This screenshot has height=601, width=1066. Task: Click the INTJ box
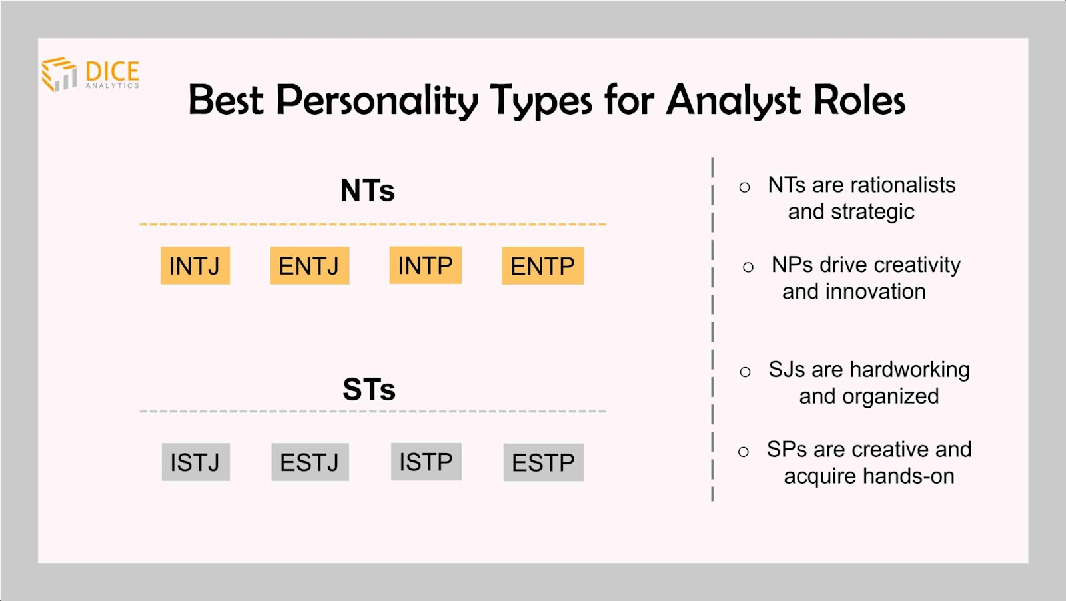pyautogui.click(x=195, y=266)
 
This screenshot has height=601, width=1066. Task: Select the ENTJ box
pyautogui.click(x=310, y=266)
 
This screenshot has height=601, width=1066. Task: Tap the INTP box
pyautogui.click(x=426, y=265)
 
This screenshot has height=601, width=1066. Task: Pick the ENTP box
pyautogui.click(x=543, y=266)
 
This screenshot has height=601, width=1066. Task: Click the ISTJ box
pyautogui.click(x=196, y=462)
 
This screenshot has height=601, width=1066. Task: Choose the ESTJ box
pyautogui.click(x=310, y=462)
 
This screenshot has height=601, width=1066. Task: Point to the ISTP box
pyautogui.click(x=426, y=462)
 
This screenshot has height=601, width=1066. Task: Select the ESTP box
pyautogui.click(x=544, y=462)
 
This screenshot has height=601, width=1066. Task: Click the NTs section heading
pyautogui.click(x=368, y=191)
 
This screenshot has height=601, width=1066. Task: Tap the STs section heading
pyautogui.click(x=369, y=390)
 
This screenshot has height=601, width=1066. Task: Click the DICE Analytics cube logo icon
pyautogui.click(x=59, y=74)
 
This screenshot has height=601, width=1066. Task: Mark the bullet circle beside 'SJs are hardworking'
pyautogui.click(x=746, y=372)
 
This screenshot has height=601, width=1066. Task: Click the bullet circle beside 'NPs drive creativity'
pyautogui.click(x=748, y=267)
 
